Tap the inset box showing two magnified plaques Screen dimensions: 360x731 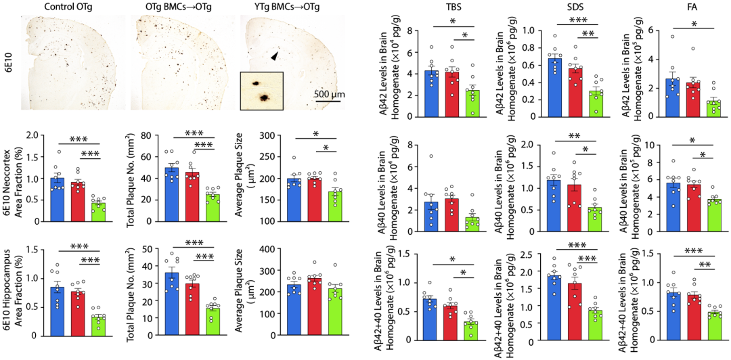[261, 91]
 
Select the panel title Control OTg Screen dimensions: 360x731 [68, 7]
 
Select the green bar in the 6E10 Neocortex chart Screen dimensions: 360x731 [99, 212]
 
